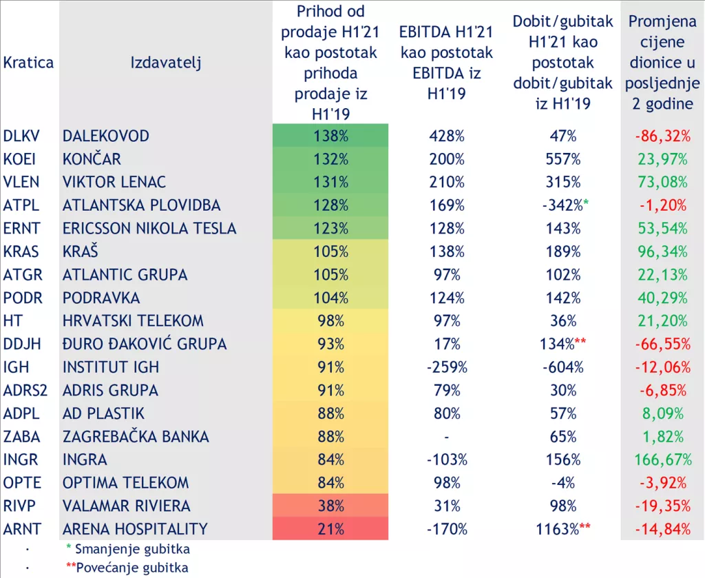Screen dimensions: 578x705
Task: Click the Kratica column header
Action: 28,63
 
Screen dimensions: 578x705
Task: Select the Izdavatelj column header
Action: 165,63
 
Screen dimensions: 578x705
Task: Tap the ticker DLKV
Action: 21,136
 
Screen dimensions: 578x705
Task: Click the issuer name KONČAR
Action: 92,159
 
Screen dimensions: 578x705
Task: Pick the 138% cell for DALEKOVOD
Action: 330,136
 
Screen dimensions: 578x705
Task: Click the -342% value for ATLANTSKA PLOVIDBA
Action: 560,205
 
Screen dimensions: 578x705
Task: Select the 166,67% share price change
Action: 661,460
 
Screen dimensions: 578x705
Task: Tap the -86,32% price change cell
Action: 662,136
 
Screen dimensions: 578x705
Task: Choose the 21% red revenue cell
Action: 330,529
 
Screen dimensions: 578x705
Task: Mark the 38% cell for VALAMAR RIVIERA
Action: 330,506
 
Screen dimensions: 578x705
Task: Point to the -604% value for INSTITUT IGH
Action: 562,367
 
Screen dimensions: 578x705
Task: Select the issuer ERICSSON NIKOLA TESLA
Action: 149,228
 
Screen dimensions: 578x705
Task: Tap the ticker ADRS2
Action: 25,390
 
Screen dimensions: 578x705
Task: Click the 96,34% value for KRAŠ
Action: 661,251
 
